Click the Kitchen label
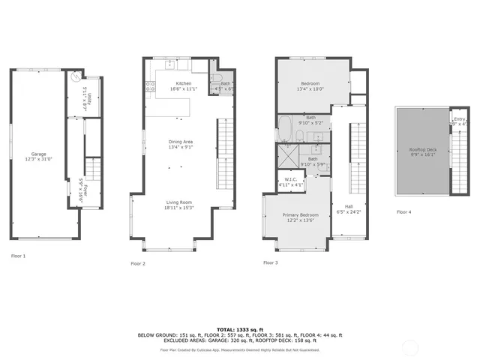pos(183,83)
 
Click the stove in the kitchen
pos(151,85)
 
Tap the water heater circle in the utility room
pos(75,77)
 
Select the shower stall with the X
pos(287,159)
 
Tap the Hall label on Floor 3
pos(349,206)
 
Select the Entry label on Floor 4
pos(459,118)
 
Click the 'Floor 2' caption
pos(138,264)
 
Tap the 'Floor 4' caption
pos(403,212)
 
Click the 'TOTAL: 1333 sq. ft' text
pos(239,329)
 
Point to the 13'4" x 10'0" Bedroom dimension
pos(311,89)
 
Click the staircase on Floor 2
pos(225,157)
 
